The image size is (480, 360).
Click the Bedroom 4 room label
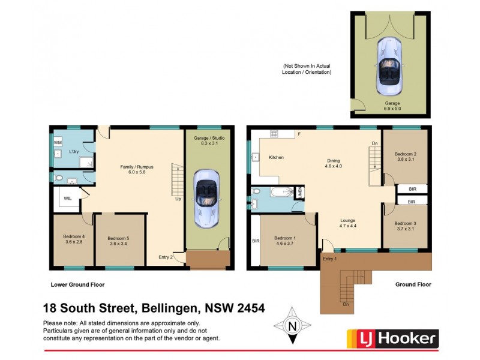click(74, 236)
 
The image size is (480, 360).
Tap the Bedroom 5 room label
click(120, 236)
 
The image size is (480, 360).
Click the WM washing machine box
click(58, 142)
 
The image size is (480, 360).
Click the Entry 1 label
click(329, 259)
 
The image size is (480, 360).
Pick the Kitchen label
click(276, 157)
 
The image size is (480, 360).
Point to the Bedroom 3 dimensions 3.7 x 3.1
click(406, 229)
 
